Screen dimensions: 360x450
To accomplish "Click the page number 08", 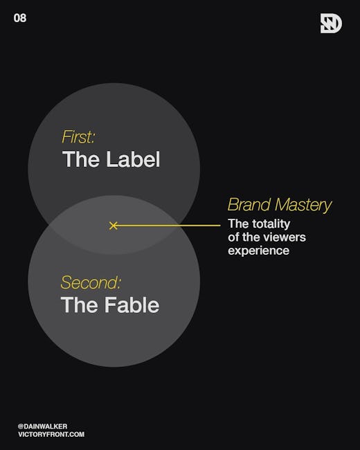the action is click(20, 18).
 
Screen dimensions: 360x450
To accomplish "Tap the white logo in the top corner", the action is click(331, 24).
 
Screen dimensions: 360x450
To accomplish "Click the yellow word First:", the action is click(78, 137).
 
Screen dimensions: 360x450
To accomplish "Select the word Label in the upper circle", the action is click(133, 159).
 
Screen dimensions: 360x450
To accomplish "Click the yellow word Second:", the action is click(91, 282).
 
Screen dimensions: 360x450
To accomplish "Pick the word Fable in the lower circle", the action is click(132, 305).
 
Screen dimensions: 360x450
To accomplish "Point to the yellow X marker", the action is click(113, 226).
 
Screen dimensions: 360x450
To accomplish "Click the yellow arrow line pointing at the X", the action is click(168, 226).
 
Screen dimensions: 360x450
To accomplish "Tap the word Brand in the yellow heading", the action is click(249, 205).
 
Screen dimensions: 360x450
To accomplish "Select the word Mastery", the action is click(303, 206).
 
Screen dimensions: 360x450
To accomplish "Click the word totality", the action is click(271, 224).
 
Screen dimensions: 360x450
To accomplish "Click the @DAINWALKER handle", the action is click(42, 426).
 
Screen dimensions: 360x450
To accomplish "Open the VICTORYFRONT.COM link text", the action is click(51, 434).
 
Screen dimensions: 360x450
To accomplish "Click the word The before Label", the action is click(82, 159).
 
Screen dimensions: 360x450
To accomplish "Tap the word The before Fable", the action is click(81, 305).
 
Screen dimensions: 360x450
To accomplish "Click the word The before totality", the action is click(238, 224).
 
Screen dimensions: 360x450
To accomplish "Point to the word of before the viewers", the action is click(233, 237).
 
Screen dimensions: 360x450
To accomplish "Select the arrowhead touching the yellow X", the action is click(116, 226).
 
